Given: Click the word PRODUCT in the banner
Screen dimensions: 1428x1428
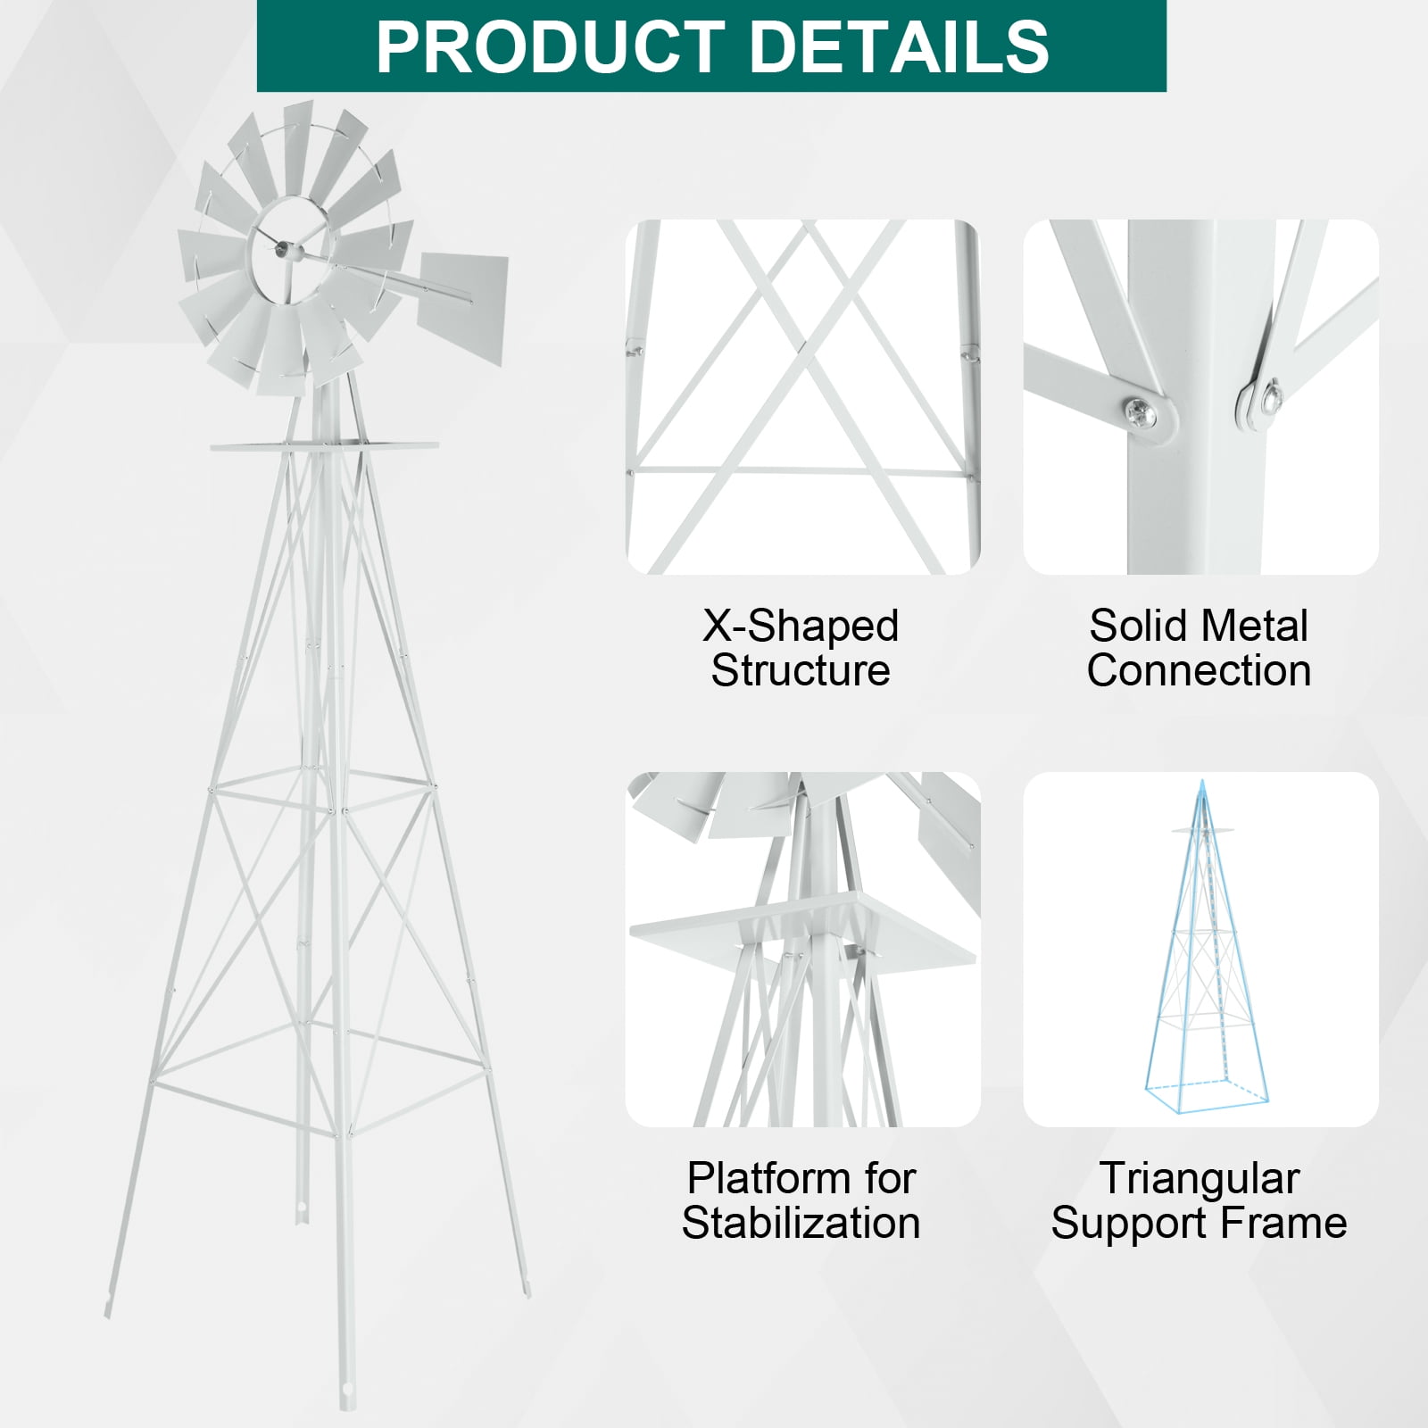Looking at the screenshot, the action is pyautogui.click(x=551, y=46).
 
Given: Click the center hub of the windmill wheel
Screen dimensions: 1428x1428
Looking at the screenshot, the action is pyautogui.click(x=284, y=253).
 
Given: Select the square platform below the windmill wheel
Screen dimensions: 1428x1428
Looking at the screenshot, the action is pyautogui.click(x=325, y=444).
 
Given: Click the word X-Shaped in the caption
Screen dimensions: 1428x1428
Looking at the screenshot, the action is pyautogui.click(x=801, y=626).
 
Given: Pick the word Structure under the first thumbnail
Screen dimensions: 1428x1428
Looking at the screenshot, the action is pyautogui.click(x=801, y=670).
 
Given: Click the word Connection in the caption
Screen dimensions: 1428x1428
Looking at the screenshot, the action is pyautogui.click(x=1199, y=670).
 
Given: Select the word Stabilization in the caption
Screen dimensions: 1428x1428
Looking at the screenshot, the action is pyautogui.click(x=801, y=1223).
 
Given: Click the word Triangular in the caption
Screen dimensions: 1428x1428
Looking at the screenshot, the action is pyautogui.click(x=1199, y=1178).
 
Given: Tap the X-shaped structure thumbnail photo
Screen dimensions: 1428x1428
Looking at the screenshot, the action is pyautogui.click(x=802, y=397).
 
